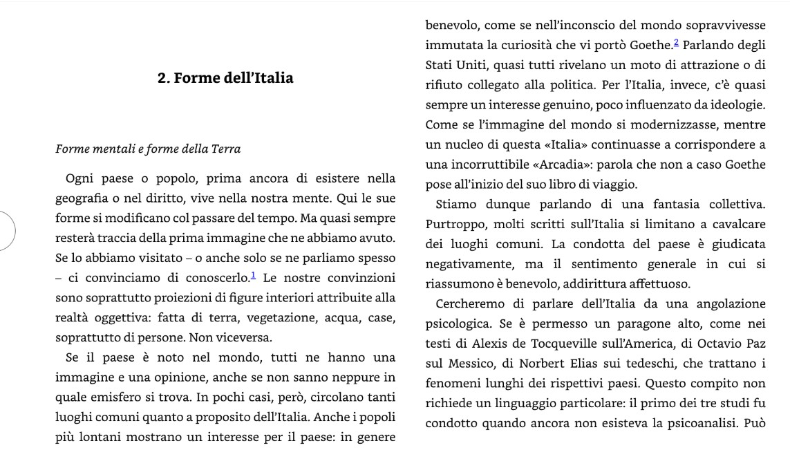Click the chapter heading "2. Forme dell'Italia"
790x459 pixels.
click(x=225, y=78)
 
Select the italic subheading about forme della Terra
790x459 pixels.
click(x=148, y=149)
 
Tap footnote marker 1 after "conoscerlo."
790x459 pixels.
click(x=254, y=277)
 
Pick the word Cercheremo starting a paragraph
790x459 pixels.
click(x=473, y=304)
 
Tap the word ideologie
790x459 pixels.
click(x=734, y=106)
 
